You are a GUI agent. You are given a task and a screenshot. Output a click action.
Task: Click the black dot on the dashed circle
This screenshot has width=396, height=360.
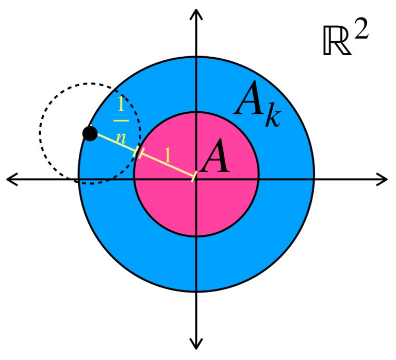point(90,134)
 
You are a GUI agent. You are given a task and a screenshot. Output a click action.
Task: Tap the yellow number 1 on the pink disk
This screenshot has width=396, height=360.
point(168,155)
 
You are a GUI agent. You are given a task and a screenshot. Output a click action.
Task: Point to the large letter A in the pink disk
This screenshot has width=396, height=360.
point(215,159)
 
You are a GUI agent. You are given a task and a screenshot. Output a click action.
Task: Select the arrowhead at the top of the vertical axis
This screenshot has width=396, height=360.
point(196,12)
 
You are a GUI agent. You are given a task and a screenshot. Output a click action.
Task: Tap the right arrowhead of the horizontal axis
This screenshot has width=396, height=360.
point(383,179)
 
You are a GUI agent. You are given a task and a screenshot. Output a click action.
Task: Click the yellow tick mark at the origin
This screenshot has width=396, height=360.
point(194,177)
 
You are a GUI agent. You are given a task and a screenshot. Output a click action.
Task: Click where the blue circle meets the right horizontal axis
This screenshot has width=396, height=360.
point(313,179)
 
